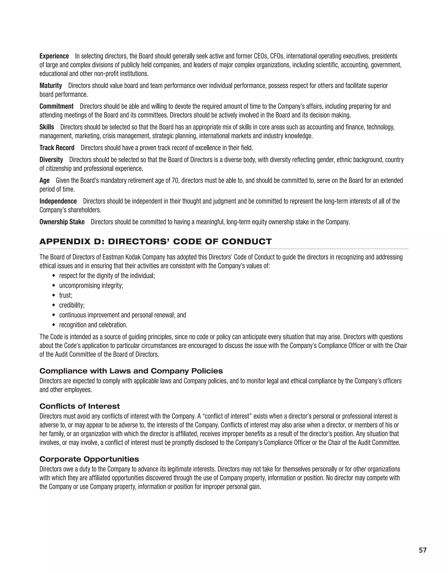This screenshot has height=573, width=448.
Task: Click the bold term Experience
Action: pos(54,56)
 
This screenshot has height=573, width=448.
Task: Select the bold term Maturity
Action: pos(51,86)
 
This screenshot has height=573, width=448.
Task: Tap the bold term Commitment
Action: pos(56,107)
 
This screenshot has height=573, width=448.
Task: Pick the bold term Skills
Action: pos(47,127)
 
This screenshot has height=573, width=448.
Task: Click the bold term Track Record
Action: pos(57,148)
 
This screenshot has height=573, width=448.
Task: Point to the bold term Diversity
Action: pos(51,160)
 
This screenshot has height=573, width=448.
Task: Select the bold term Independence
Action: pos(58,201)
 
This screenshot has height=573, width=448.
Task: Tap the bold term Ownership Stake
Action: pos(62,222)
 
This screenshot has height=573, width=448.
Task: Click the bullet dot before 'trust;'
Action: pos(54,296)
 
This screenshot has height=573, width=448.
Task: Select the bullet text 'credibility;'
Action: pos(72,305)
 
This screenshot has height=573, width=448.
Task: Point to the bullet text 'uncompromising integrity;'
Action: pos(91,286)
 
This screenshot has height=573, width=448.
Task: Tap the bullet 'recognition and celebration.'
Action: pos(93,325)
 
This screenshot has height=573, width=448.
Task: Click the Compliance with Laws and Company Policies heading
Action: pos(131,371)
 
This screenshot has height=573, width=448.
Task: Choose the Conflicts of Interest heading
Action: pos(80,406)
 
